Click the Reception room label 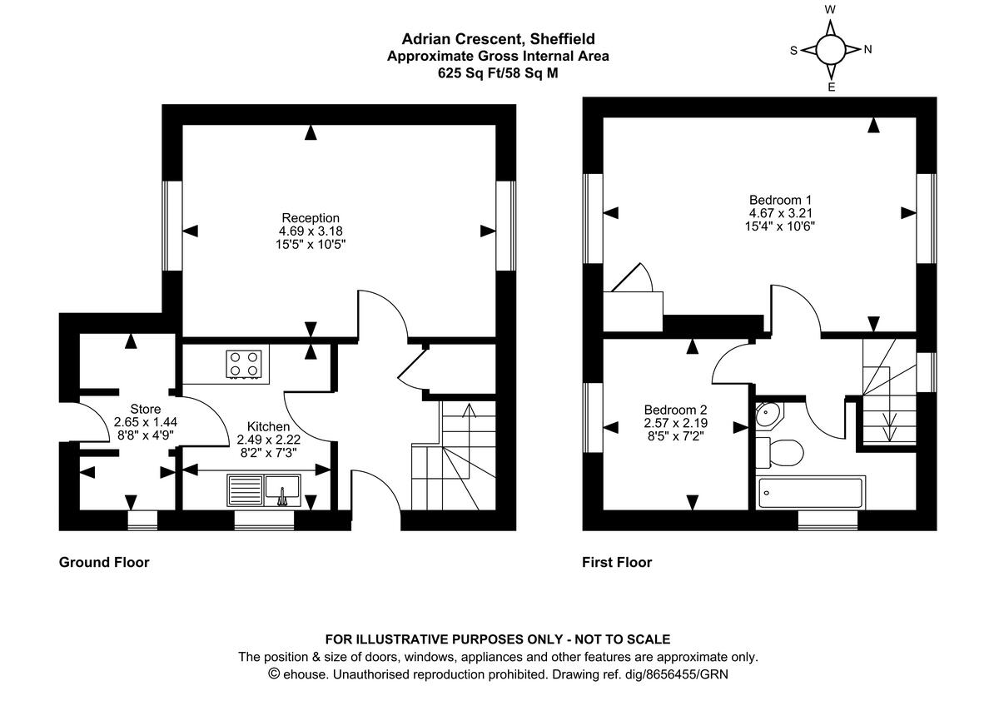311,217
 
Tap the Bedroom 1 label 780,200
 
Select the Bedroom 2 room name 675,410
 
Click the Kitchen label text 263,426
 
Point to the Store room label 145,409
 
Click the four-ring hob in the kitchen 244,363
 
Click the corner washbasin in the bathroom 768,414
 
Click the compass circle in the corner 830,49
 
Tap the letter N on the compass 867,49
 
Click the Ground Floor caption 104,562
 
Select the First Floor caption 617,562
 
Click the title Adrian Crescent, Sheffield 498,38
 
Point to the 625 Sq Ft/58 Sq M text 498,72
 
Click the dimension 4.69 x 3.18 311,231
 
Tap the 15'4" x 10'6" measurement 780,226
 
